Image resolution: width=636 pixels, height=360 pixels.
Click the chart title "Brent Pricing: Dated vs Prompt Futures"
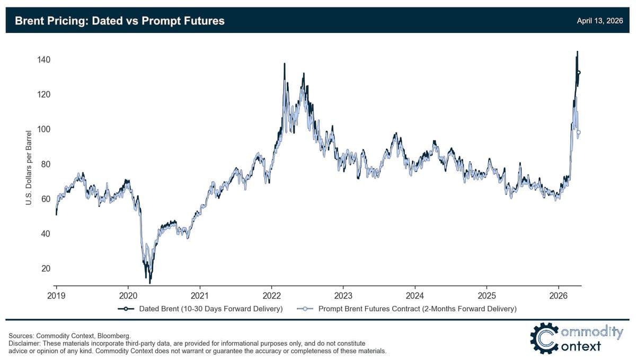(120, 21)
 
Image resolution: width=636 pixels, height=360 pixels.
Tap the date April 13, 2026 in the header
(600, 21)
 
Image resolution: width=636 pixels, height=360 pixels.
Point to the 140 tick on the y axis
(43, 60)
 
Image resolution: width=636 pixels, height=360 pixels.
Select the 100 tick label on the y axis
(43, 129)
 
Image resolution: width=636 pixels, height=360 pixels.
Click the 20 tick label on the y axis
(46, 269)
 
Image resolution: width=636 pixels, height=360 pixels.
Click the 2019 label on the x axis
(56, 295)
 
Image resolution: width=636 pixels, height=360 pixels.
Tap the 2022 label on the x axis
(271, 295)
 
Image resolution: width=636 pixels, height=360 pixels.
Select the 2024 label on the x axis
(415, 295)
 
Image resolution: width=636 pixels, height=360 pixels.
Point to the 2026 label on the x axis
(559, 295)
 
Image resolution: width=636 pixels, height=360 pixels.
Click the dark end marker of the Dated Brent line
(579, 73)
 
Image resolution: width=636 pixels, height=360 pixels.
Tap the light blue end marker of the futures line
(579, 133)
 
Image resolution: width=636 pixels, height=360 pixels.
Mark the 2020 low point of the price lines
(150, 283)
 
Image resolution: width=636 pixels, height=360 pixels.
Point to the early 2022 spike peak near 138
(285, 64)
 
